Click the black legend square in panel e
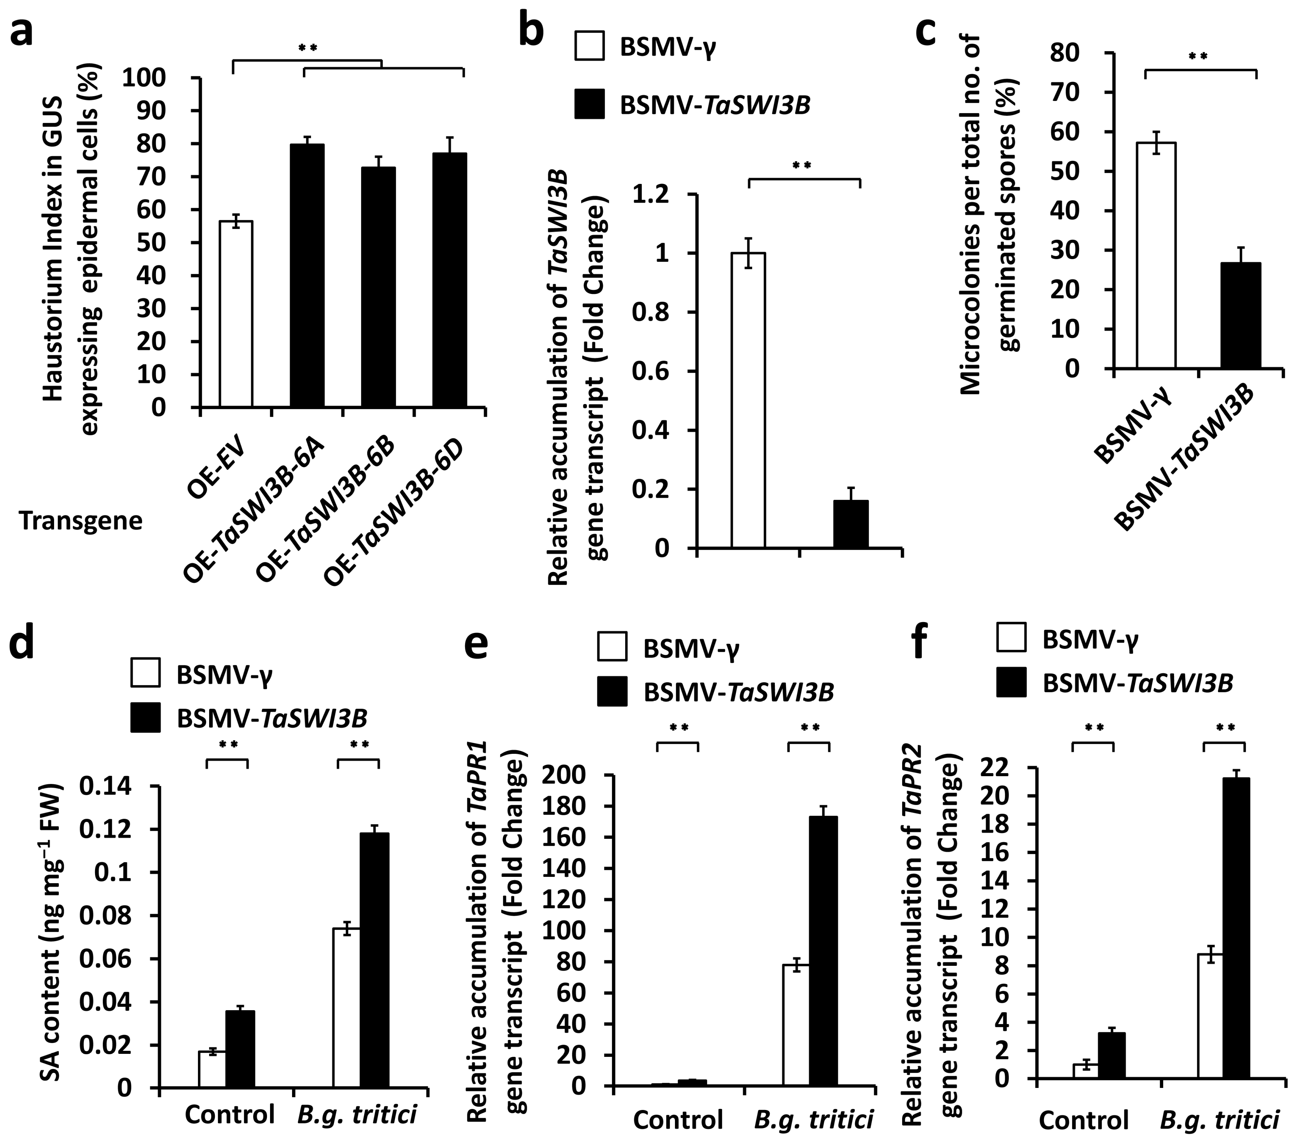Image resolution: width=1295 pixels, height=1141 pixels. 611,691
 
